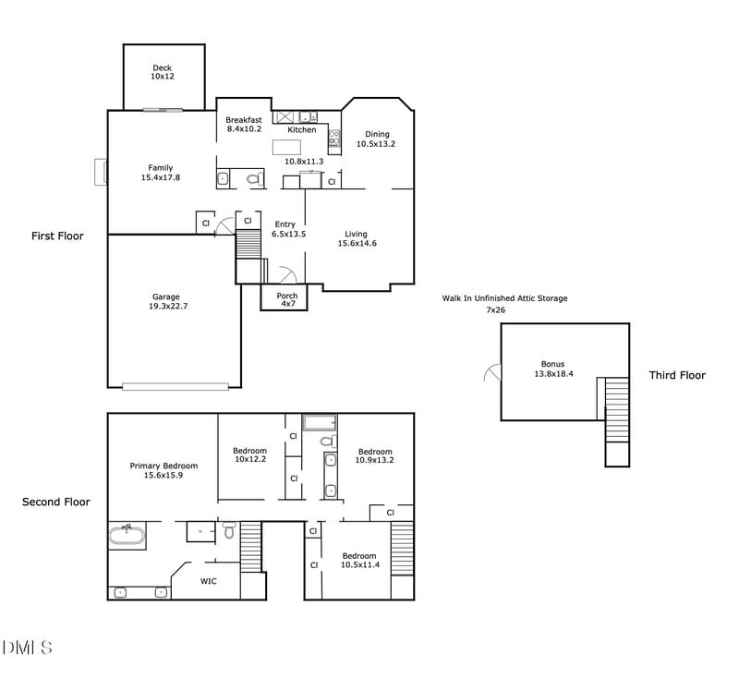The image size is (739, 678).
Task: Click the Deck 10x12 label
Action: coord(163,72)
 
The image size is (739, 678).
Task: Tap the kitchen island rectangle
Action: coord(286,148)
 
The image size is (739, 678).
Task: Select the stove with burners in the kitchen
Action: coord(334,139)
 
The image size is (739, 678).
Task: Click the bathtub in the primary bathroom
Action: coord(127,536)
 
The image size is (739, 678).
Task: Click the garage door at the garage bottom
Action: coord(176,387)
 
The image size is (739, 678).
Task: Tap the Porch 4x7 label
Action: coord(287,299)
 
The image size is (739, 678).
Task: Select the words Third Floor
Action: coord(677,376)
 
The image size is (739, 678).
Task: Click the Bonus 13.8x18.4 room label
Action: coord(553,369)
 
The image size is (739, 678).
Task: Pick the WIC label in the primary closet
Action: coord(209,581)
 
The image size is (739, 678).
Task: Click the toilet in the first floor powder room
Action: coord(255,179)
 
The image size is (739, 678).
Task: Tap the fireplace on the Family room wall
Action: coord(101,172)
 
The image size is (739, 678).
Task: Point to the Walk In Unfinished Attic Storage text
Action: coord(504,298)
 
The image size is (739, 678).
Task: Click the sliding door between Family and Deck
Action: coord(163,110)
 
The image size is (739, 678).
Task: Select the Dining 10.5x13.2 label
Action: coord(376,139)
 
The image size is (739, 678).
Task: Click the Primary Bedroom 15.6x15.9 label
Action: coord(164,471)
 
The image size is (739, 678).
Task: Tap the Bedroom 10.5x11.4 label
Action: coord(360,560)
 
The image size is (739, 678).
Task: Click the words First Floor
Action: coord(57,236)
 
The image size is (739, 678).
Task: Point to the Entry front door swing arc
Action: coord(288,274)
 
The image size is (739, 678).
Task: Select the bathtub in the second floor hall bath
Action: coord(319,423)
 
